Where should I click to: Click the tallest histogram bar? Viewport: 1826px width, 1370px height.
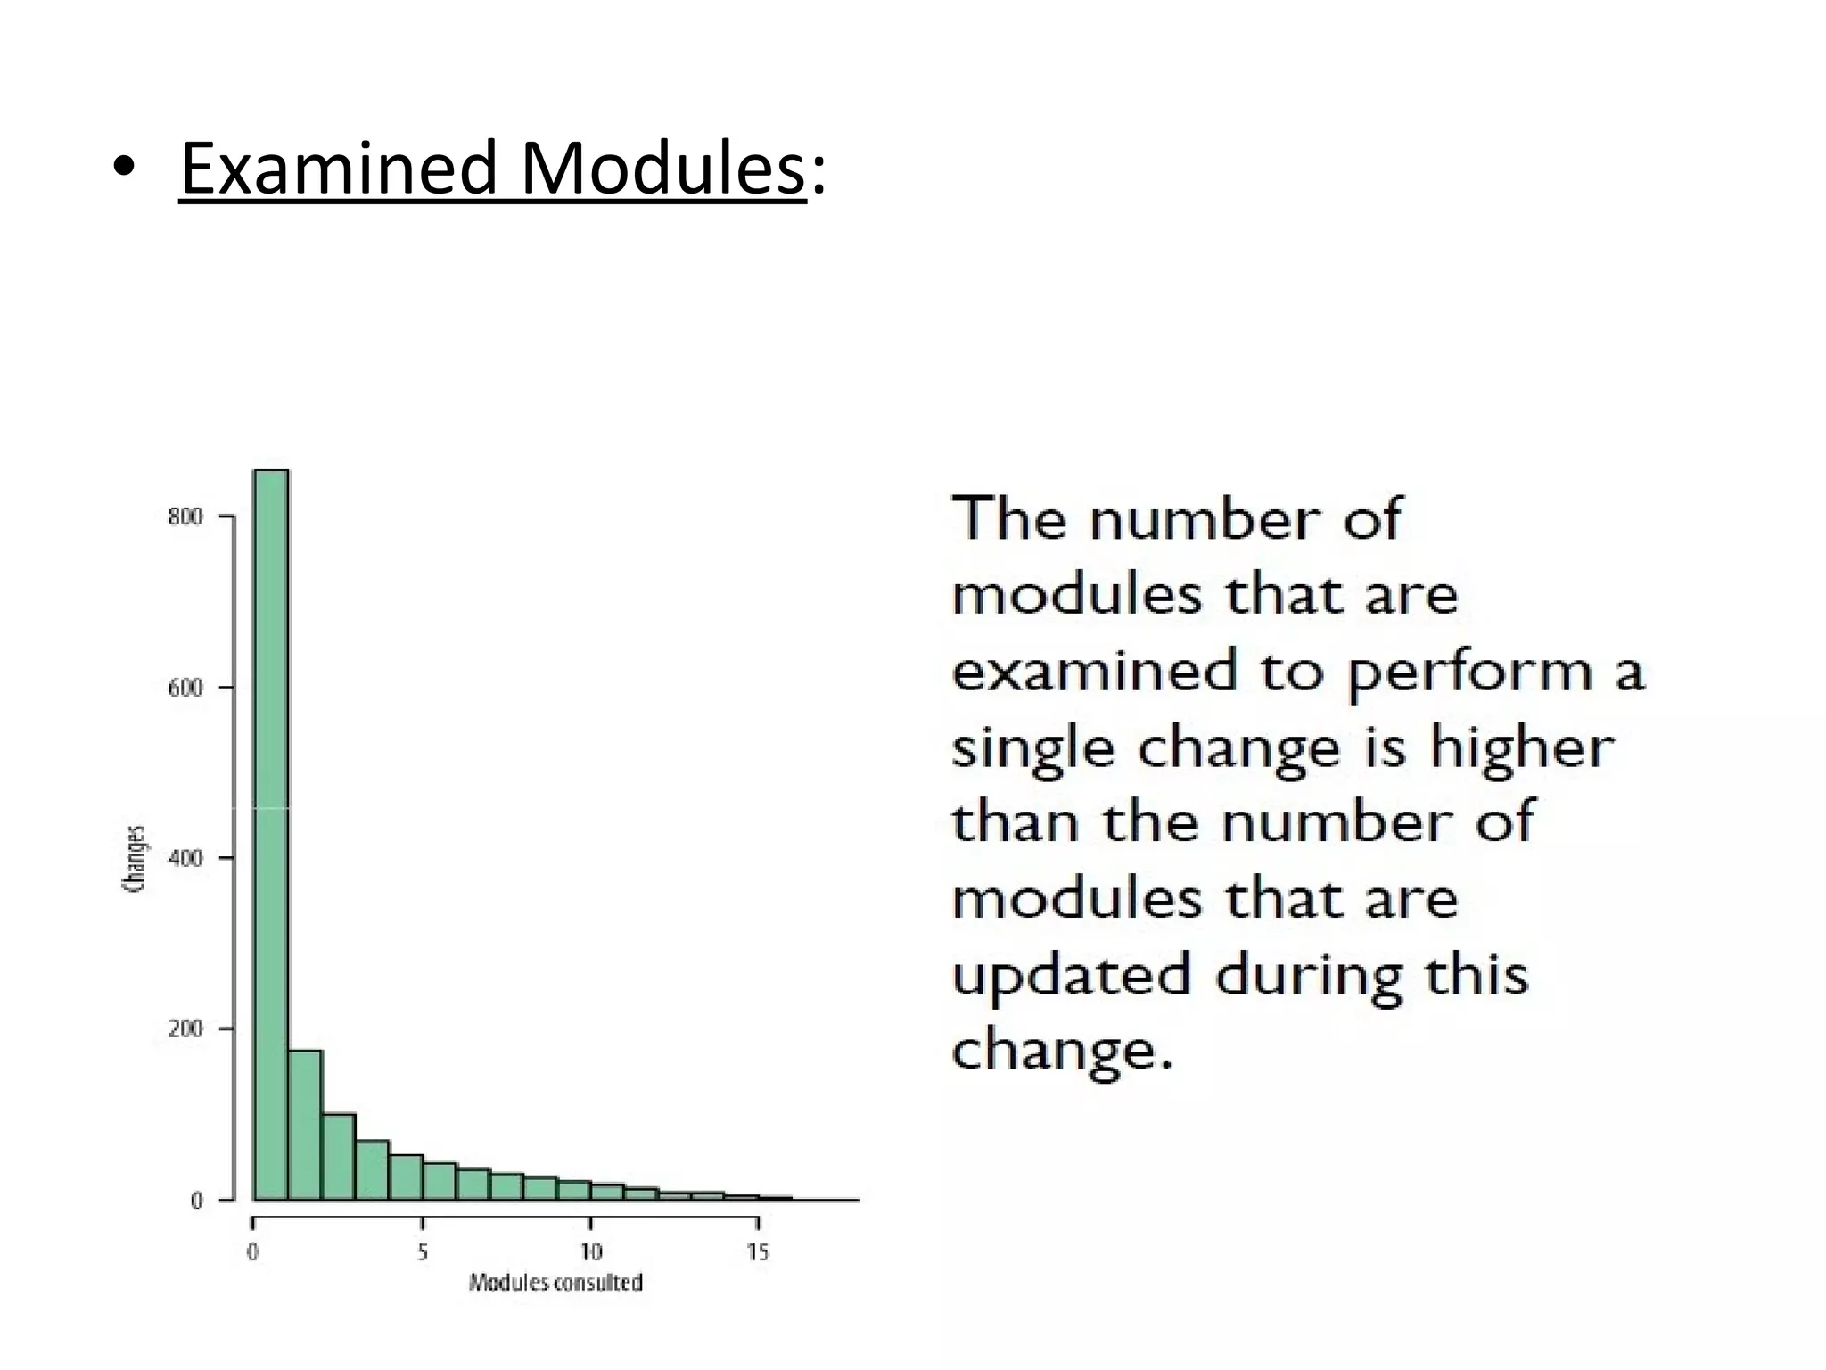[271, 834]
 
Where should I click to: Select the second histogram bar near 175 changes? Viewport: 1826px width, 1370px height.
[305, 1125]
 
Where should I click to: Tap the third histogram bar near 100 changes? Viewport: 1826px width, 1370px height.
[339, 1157]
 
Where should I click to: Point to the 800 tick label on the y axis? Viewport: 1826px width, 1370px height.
[185, 516]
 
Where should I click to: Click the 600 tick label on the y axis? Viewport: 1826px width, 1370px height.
[185, 688]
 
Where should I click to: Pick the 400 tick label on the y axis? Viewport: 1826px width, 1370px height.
[185, 858]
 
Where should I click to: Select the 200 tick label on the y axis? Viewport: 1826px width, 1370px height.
[185, 1028]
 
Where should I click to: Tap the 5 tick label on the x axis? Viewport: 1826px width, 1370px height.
[423, 1253]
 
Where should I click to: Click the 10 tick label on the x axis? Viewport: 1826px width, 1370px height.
[590, 1253]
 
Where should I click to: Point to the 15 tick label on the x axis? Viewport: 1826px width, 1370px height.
[758, 1253]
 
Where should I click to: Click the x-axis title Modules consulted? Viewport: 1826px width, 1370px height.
[555, 1283]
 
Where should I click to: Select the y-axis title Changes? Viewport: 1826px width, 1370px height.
[134, 858]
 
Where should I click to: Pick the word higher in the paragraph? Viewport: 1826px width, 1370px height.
[1522, 747]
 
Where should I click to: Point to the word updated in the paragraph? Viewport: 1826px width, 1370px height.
[1071, 976]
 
